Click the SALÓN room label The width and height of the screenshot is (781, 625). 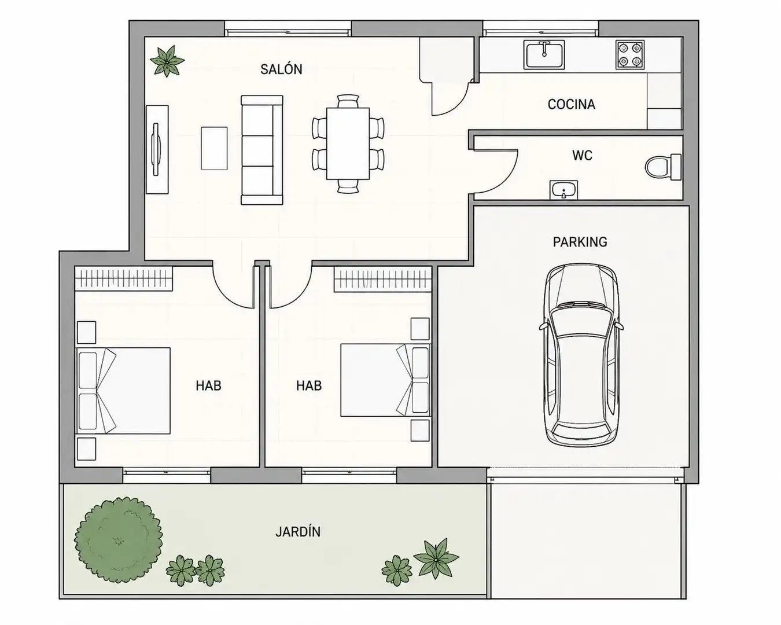281,69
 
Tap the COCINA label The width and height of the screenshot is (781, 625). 571,104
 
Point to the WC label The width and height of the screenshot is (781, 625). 582,155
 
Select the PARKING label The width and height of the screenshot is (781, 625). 580,242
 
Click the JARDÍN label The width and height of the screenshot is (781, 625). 298,532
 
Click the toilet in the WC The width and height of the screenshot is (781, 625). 663,167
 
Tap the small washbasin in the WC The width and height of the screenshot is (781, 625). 563,190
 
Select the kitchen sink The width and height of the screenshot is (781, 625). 544,54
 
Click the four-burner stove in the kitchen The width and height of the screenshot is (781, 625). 630,54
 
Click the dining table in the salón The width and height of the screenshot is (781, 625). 348,144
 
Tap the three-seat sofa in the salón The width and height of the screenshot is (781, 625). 261,150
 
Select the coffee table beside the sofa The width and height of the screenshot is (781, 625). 214,148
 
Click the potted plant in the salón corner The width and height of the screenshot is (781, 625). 167,61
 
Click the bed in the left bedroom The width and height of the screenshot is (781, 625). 123,391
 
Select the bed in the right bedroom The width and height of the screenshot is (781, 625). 385,380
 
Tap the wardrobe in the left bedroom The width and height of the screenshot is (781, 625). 123,278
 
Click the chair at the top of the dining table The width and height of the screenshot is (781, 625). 348,101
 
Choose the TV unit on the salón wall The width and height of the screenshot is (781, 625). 157,149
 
